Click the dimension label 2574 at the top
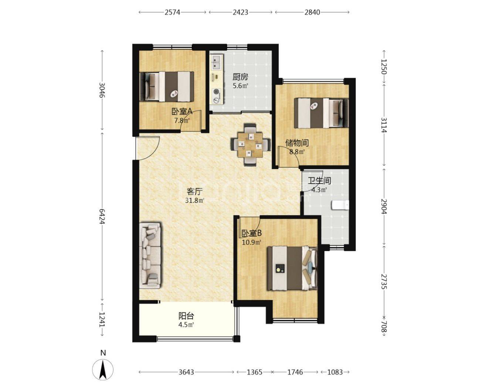pyautogui.click(x=172, y=12)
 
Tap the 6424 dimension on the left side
pyautogui.click(x=102, y=217)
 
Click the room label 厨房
pyautogui.click(x=240, y=77)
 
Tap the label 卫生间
pyautogui.click(x=319, y=181)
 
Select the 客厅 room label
pyautogui.click(x=194, y=191)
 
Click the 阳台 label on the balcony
pyautogui.click(x=186, y=316)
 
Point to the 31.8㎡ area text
pyautogui.click(x=195, y=200)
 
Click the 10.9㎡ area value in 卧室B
pyautogui.click(x=252, y=242)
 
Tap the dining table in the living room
pyautogui.click(x=250, y=145)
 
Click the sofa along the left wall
pyautogui.click(x=151, y=255)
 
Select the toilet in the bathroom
pyautogui.click(x=340, y=205)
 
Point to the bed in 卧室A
pyautogui.click(x=167, y=87)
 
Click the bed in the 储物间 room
pyautogui.click(x=321, y=113)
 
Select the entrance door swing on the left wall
pyautogui.click(x=148, y=148)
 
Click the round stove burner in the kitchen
pyautogui.click(x=217, y=91)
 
